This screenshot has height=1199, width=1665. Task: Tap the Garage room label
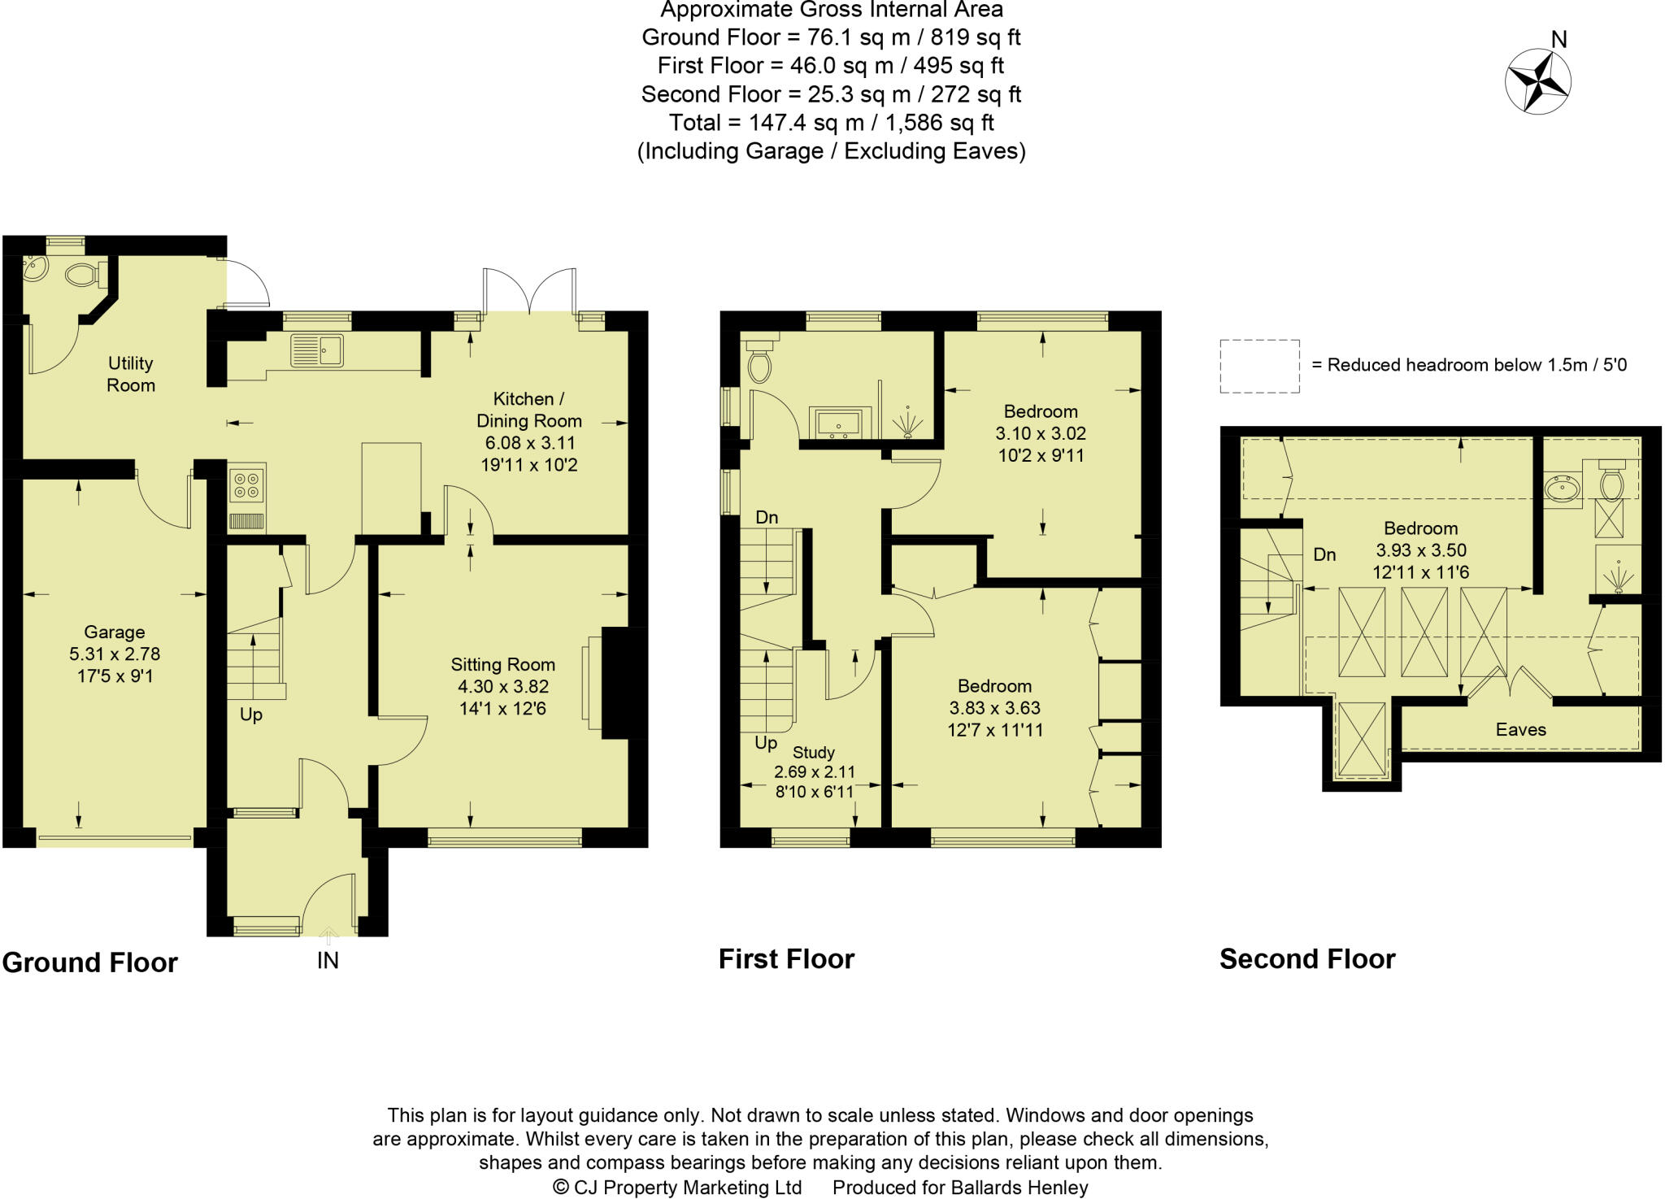115,632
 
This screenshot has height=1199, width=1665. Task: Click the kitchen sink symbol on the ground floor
317,350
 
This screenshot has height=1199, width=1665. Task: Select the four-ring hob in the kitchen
247,484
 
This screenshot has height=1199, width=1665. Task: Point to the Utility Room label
130,374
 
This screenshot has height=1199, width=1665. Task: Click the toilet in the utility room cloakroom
82,275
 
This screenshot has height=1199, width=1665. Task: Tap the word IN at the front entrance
328,961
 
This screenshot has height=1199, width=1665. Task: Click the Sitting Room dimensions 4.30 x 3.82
502,686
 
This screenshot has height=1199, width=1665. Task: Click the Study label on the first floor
813,752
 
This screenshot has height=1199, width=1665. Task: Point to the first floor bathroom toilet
759,363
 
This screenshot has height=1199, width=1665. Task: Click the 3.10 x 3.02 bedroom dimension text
1041,433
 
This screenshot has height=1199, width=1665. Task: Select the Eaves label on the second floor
1520,729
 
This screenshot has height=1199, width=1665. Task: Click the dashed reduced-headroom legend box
1259,367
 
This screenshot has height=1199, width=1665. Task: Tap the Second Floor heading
1306,959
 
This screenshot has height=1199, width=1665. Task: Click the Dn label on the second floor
1324,554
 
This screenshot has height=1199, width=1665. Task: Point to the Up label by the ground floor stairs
250,715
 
